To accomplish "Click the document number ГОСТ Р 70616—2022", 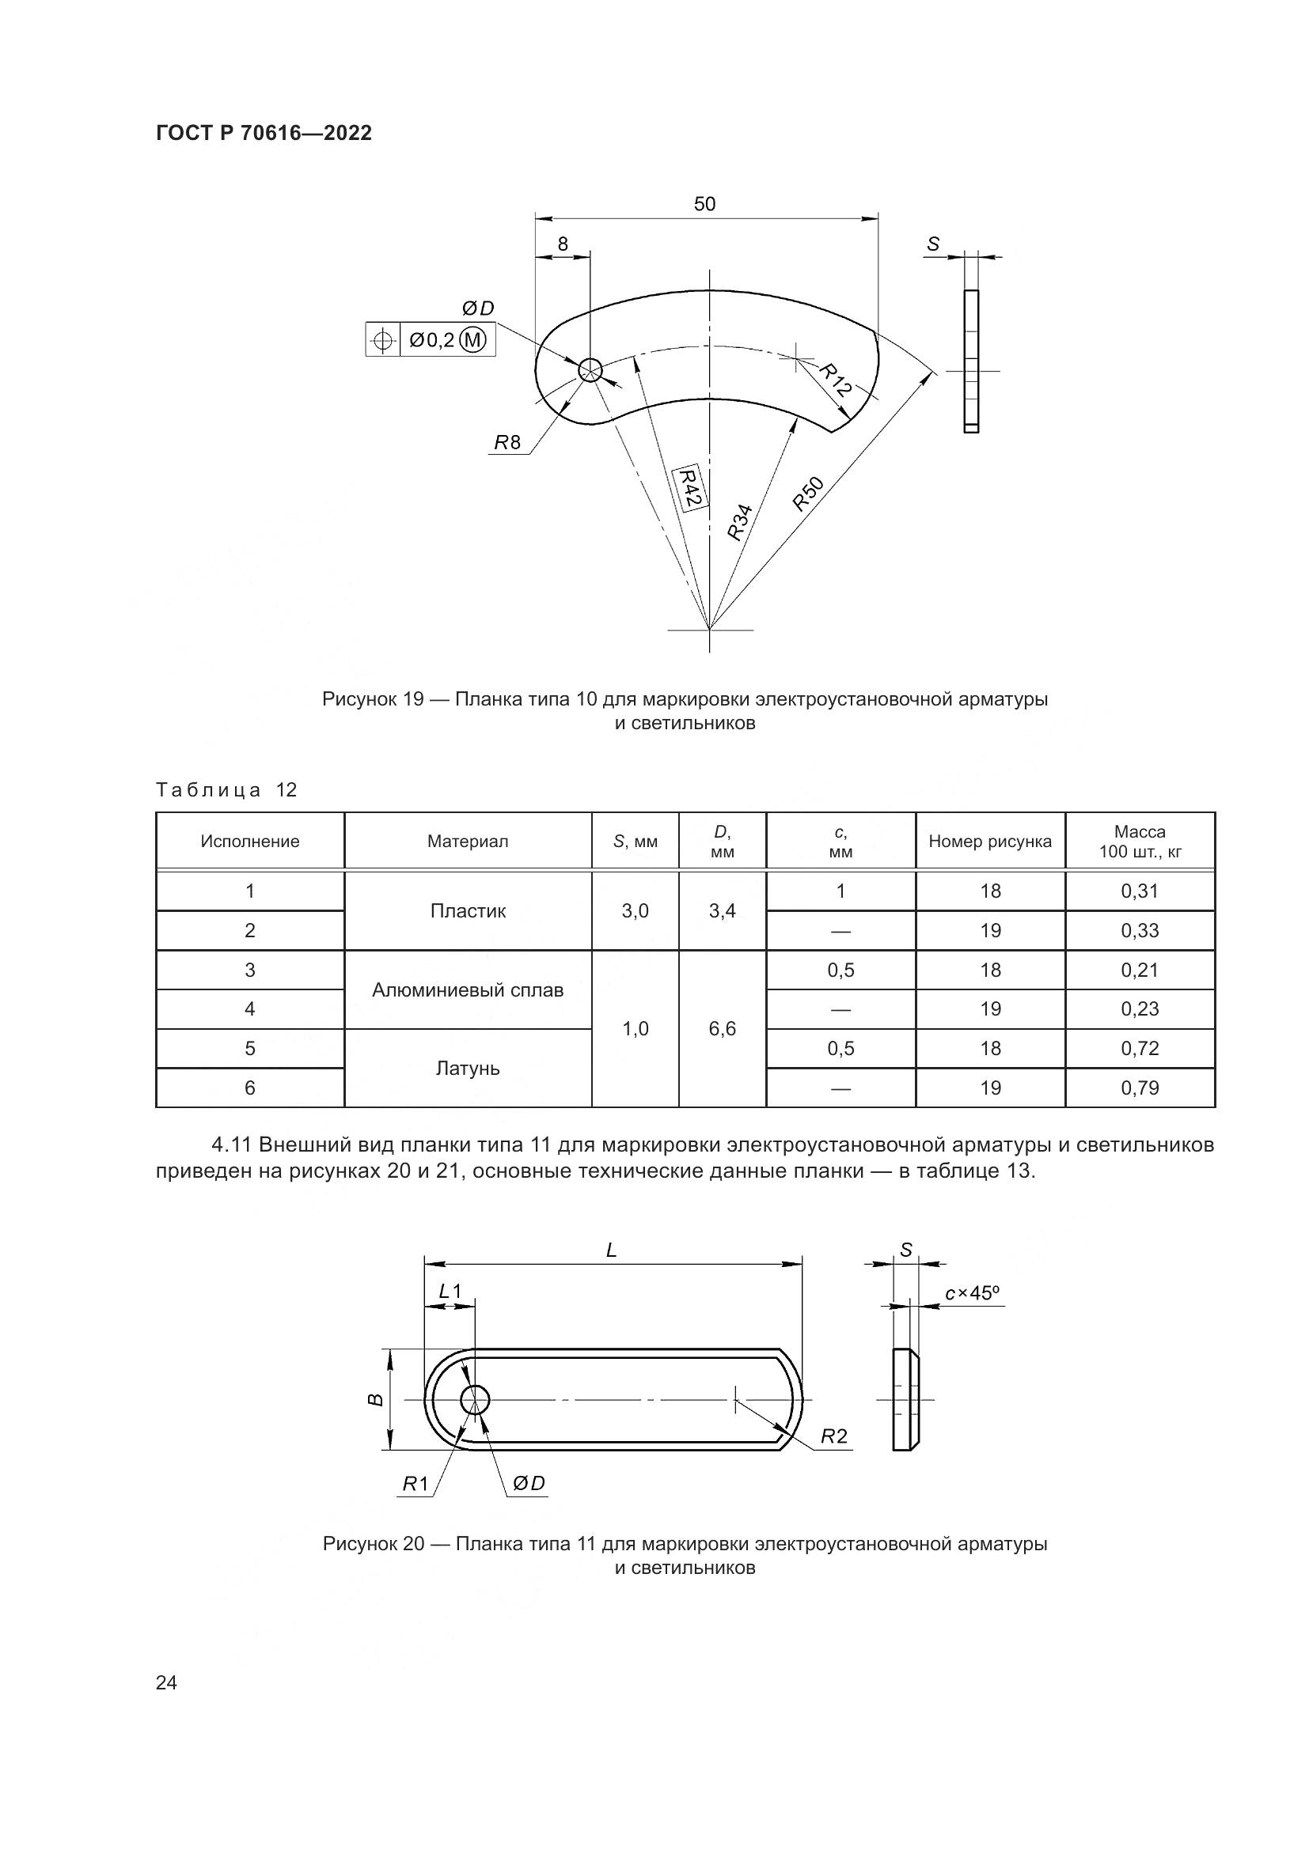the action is click(x=264, y=133).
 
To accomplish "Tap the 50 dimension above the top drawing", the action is click(x=704, y=204).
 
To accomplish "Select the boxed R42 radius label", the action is click(x=689, y=486).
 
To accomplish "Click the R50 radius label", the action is click(x=809, y=494).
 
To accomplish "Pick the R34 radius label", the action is click(x=739, y=521).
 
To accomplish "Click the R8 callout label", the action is click(x=508, y=442).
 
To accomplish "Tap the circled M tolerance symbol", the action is click(x=472, y=340).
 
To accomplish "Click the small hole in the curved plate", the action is click(x=590, y=370).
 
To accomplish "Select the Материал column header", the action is click(x=468, y=842).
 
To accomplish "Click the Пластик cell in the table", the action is click(x=468, y=911).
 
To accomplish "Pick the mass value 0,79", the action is click(x=1140, y=1088).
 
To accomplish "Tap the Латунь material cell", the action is click(x=468, y=1069).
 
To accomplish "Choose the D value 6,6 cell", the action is click(x=723, y=1029).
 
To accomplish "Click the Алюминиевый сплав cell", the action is click(x=468, y=990).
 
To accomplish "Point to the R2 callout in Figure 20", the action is click(x=834, y=1436).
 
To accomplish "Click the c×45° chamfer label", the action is click(x=973, y=1293).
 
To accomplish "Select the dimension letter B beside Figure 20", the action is click(x=376, y=1401).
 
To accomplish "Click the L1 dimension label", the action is click(x=450, y=1292).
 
